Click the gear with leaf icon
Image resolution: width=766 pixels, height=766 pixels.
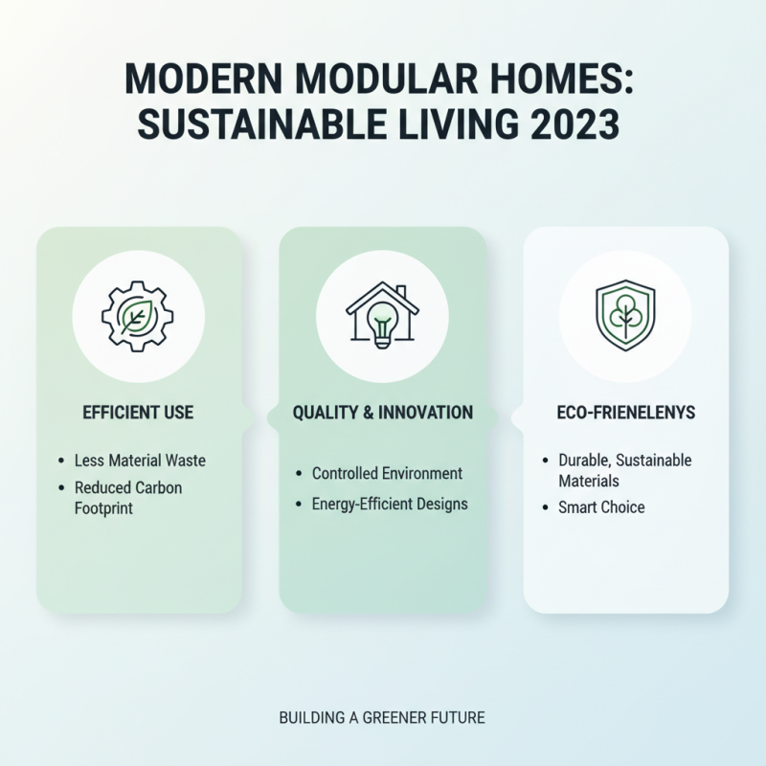tap(138, 315)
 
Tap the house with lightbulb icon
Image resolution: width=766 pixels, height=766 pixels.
tap(382, 315)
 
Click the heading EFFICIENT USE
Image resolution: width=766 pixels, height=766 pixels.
tap(138, 413)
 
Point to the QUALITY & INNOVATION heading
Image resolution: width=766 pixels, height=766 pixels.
tap(382, 413)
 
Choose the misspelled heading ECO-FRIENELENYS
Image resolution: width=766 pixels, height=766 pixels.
tap(625, 413)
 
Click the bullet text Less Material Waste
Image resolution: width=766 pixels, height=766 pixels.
tap(140, 461)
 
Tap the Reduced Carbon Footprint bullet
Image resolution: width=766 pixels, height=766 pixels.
tap(128, 498)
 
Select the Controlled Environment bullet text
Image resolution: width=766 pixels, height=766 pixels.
tap(387, 473)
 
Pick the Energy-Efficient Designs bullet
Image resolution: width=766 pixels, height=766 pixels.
tap(390, 503)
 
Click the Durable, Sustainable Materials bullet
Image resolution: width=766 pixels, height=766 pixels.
tap(624, 470)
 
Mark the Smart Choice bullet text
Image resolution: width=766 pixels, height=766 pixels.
tap(601, 507)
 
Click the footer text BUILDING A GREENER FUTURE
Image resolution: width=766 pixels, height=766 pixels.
tap(382, 716)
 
